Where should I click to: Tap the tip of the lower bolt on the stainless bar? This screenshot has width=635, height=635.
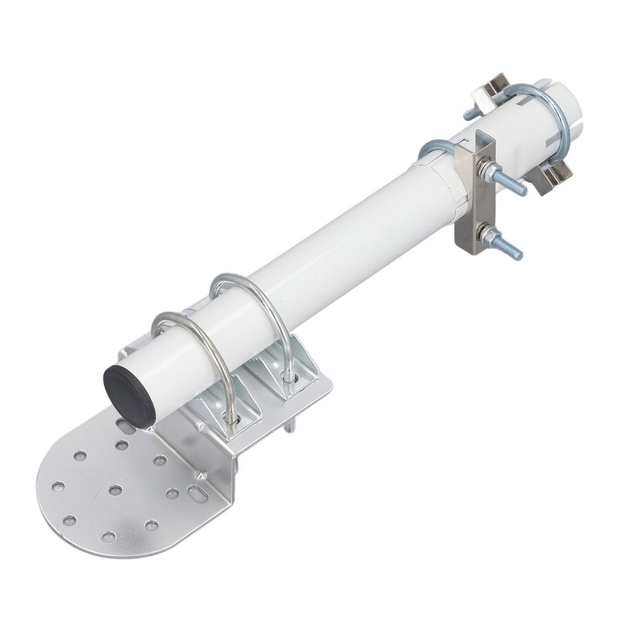coord(517,254)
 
